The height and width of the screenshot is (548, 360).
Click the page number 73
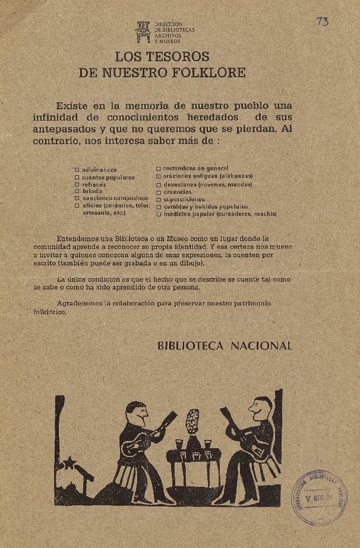pyautogui.click(x=322, y=22)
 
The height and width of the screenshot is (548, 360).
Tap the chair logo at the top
pyautogui.click(x=142, y=31)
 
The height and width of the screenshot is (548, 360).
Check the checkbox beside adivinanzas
pyautogui.click(x=77, y=169)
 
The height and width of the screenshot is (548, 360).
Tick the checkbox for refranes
pyautogui.click(x=77, y=184)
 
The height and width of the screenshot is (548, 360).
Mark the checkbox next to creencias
pyautogui.click(x=159, y=192)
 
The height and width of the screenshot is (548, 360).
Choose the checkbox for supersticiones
pyautogui.click(x=159, y=199)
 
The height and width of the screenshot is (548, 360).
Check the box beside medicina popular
pyautogui.click(x=159, y=214)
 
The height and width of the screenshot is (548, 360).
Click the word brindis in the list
pyautogui.click(x=92, y=191)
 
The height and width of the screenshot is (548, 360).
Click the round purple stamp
pyautogui.click(x=318, y=497)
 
